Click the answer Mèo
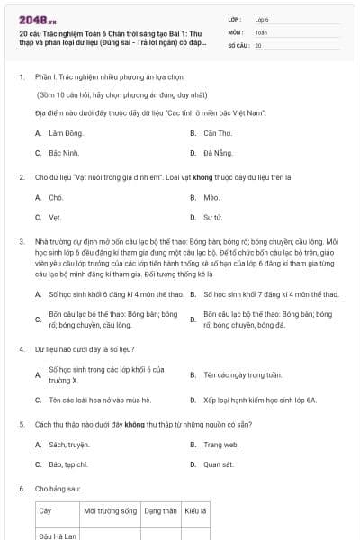point(211,197)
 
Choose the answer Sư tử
point(213,217)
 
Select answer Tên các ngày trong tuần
point(236,374)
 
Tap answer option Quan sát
point(218,464)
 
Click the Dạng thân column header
point(161,510)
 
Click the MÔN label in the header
point(235,31)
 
